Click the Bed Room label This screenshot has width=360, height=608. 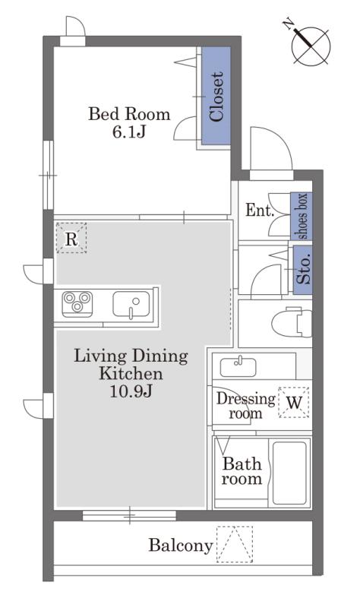pyautogui.click(x=129, y=114)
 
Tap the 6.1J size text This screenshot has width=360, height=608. pyautogui.click(x=129, y=132)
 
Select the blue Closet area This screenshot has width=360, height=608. pyautogui.click(x=216, y=96)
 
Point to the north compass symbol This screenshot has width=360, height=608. pyautogui.click(x=311, y=45)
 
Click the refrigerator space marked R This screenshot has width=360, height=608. pyautogui.click(x=71, y=238)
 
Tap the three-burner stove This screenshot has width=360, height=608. pyautogui.click(x=77, y=303)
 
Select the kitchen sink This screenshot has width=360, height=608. pyautogui.click(x=131, y=305)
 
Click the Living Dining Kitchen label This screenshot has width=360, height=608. pyautogui.click(x=131, y=365)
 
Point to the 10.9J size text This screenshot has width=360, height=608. pyautogui.click(x=131, y=391)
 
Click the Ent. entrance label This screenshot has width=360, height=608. pyautogui.click(x=260, y=211)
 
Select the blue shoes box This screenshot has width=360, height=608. pyautogui.click(x=302, y=216)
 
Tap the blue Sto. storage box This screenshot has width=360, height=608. pyautogui.click(x=303, y=270)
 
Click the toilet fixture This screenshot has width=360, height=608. pyautogui.click(x=292, y=322)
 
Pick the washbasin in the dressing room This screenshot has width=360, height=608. pyautogui.click(x=238, y=367)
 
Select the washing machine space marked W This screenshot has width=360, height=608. pyautogui.click(x=294, y=402)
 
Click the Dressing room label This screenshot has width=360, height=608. pyautogui.click(x=245, y=406)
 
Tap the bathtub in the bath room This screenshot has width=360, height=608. pyautogui.click(x=290, y=473)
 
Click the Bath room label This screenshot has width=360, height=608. pyautogui.click(x=242, y=471)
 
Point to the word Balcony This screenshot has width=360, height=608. pyautogui.click(x=181, y=546)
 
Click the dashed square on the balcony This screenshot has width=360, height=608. pyautogui.click(x=235, y=544)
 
